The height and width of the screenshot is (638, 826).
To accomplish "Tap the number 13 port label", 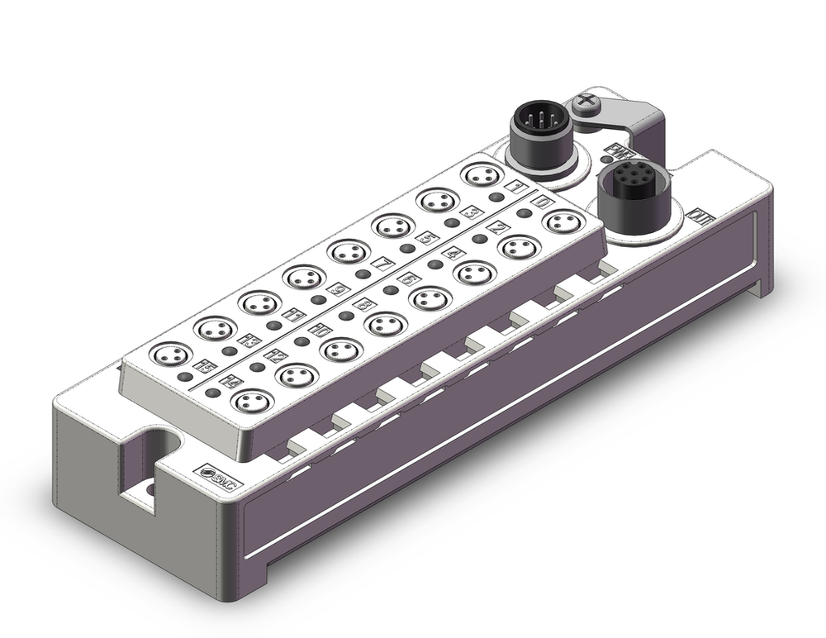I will (x=246, y=338).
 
